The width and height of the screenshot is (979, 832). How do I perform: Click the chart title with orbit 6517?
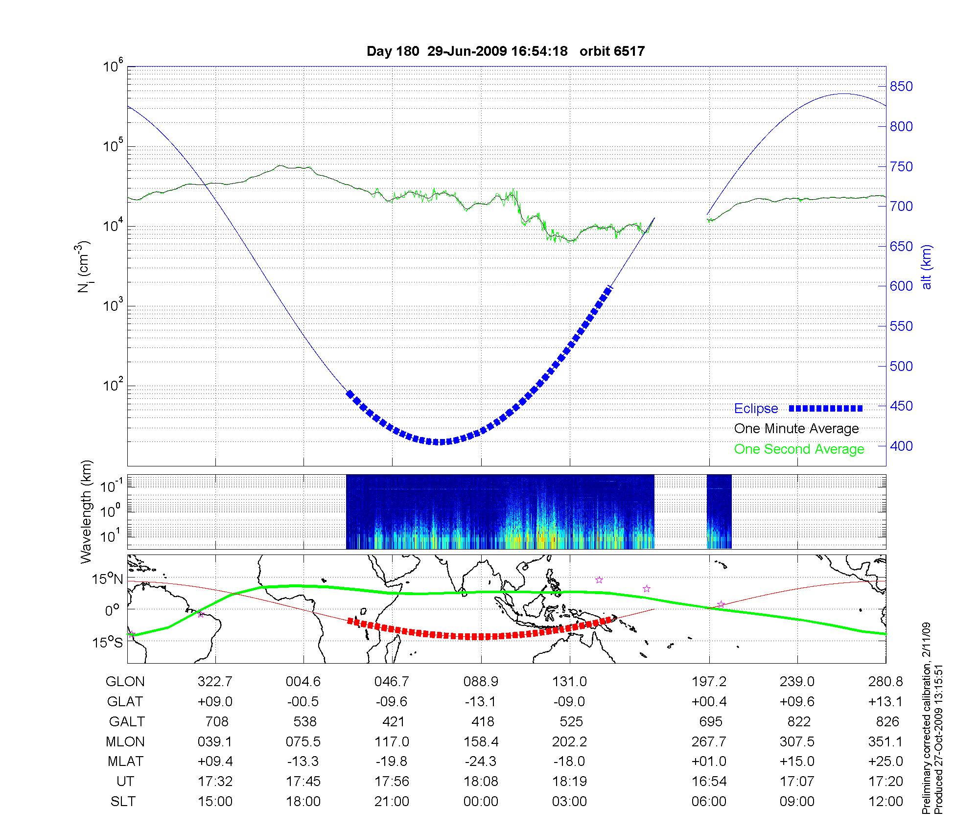click(x=505, y=51)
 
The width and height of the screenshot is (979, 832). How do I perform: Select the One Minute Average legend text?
click(x=796, y=429)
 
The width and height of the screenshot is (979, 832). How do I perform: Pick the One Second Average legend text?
click(x=799, y=449)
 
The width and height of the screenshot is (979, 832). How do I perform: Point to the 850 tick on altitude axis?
click(x=901, y=87)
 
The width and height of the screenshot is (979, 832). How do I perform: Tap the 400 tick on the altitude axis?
click(x=901, y=446)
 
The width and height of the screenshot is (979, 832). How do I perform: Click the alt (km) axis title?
click(x=927, y=267)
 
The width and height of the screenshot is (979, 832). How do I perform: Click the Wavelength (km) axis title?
click(x=86, y=511)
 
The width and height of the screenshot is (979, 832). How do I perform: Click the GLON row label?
click(x=125, y=682)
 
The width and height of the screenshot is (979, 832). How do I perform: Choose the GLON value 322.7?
click(x=215, y=682)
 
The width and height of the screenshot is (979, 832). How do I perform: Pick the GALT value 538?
click(x=303, y=722)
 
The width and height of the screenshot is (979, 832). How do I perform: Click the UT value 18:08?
click(x=481, y=782)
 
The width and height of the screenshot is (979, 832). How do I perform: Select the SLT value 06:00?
click(x=709, y=802)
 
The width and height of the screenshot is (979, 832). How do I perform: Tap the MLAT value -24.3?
click(x=481, y=762)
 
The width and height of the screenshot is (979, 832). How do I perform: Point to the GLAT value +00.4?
click(x=709, y=702)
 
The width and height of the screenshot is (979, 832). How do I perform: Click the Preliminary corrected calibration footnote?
click(x=927, y=718)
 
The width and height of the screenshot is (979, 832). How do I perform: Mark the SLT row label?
click(x=123, y=802)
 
